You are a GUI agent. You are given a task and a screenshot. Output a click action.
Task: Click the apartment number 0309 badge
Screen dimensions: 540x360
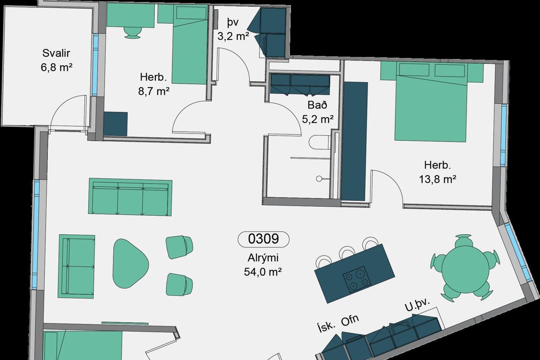coord(263,239)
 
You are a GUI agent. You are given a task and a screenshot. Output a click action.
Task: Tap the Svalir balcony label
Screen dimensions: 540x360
coord(56,53)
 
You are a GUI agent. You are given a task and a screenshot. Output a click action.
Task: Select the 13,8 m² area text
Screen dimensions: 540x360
coord(437,179)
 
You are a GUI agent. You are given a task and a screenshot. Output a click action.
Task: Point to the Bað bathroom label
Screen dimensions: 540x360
coord(317,105)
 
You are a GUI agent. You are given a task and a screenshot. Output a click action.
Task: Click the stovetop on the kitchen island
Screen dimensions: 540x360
coord(357,279)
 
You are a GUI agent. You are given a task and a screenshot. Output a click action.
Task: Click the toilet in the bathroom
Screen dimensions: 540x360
coord(320,142)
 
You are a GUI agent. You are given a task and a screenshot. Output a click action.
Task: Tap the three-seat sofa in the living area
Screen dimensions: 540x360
coord(130,197)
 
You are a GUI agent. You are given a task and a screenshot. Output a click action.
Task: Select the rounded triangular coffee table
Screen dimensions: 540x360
coord(130,263)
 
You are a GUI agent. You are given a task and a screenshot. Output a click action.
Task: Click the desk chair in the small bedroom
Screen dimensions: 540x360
coord(133,32)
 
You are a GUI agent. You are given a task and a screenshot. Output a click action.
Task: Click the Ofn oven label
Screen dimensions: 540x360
coord(350,321)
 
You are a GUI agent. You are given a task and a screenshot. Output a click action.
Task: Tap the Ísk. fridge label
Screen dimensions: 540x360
coord(326,327)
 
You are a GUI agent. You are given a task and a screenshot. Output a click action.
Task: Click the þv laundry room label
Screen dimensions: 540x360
coord(233,22)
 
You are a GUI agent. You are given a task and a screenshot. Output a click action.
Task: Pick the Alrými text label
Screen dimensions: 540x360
coord(263,258)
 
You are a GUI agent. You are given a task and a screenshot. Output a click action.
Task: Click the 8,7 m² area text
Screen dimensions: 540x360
coord(154,91)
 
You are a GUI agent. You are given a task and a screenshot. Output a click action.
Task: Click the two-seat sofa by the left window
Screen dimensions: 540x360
coord(76,266)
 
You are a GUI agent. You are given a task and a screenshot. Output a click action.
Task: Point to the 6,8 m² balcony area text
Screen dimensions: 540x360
coord(56,67)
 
